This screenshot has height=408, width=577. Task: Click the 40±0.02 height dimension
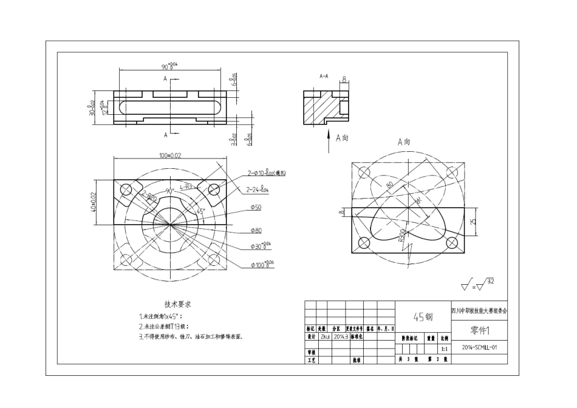[94, 202]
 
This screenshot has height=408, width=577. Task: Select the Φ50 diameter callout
[255, 208]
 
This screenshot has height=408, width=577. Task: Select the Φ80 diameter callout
[255, 231]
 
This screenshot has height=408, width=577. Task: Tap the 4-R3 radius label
[185, 187]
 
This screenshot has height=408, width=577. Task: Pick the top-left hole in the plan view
[127, 190]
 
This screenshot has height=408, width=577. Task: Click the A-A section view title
[324, 77]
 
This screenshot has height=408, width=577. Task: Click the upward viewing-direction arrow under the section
[327, 137]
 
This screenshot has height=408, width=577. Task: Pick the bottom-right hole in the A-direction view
[452, 243]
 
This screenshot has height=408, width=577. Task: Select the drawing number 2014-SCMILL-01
[479, 348]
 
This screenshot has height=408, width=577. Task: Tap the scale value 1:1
[445, 348]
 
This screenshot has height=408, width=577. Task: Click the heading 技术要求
[178, 304]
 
